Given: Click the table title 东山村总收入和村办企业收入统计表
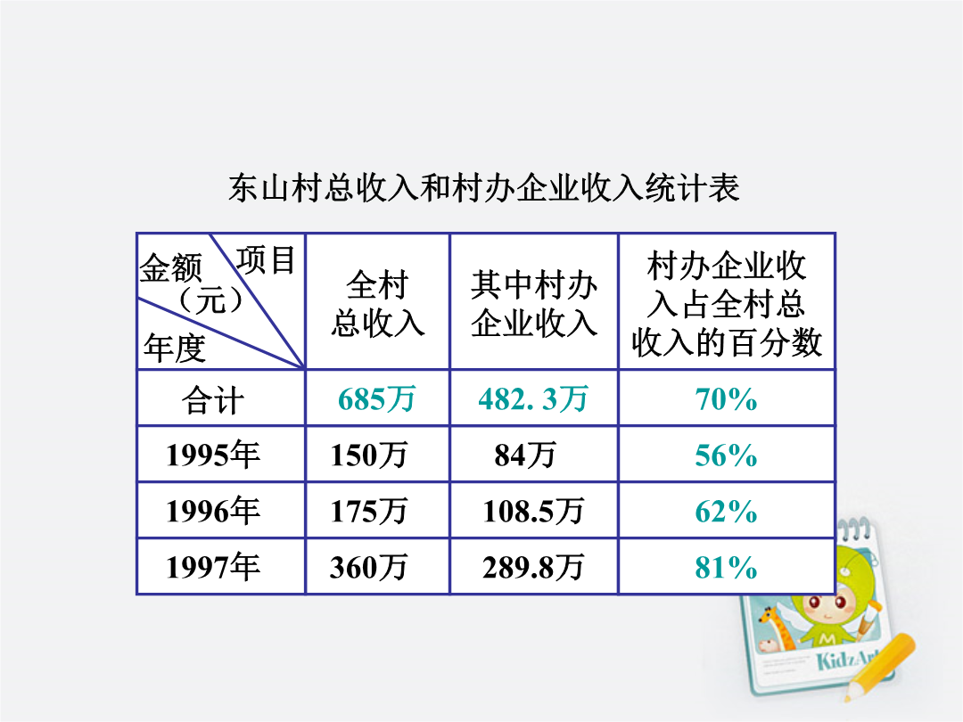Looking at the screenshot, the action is point(483,187).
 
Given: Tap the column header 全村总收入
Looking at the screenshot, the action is point(377,303).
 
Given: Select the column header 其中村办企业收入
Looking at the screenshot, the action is point(534,303).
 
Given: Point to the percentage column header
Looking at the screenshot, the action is point(727,303).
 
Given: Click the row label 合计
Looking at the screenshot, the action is point(212,399).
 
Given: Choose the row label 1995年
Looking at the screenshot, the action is point(212,455).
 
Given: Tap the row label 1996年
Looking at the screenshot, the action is point(212,511).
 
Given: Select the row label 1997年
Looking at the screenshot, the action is point(212,567).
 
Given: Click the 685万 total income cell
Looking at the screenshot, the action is point(376,399).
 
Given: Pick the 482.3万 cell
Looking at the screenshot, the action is point(533,399).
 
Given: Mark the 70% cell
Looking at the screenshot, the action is point(726,399).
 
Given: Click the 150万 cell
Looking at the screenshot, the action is point(369,455).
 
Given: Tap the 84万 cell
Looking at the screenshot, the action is point(525,455).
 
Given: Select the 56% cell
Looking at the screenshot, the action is point(726,455).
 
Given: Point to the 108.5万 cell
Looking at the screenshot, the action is point(533,511).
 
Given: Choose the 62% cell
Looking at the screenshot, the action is point(726,512).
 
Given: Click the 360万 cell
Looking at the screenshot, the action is point(369,567).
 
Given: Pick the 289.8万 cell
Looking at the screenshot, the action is point(533,567).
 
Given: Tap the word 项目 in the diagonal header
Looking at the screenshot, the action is point(267,259).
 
